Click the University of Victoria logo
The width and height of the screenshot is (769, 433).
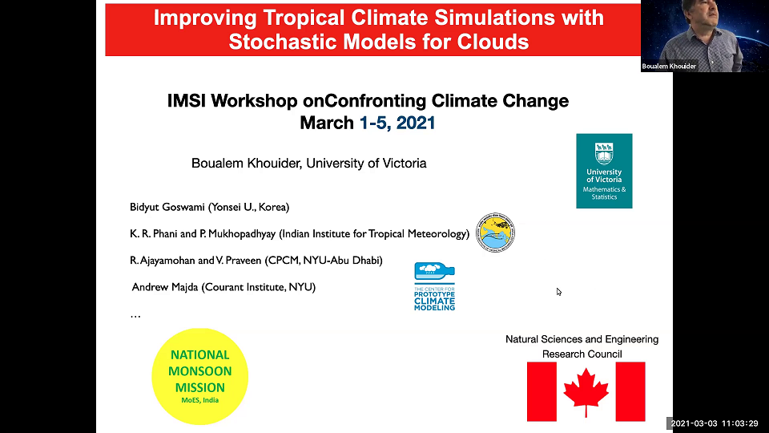604,171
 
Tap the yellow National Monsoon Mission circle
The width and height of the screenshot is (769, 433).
199,375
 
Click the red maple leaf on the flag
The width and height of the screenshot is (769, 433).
586,391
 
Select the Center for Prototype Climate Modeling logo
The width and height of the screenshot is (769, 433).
435,287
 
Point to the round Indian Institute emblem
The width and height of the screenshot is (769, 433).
495,233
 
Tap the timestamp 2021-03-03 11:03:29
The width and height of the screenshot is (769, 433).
713,423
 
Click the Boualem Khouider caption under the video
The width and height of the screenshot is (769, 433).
669,67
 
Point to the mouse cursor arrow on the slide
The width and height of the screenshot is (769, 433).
559,292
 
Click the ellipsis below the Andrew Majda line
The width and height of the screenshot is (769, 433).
135,316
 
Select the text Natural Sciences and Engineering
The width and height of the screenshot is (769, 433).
582,339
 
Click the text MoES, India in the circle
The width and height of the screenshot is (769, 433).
199,400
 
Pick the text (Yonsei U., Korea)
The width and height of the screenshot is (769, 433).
254,207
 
